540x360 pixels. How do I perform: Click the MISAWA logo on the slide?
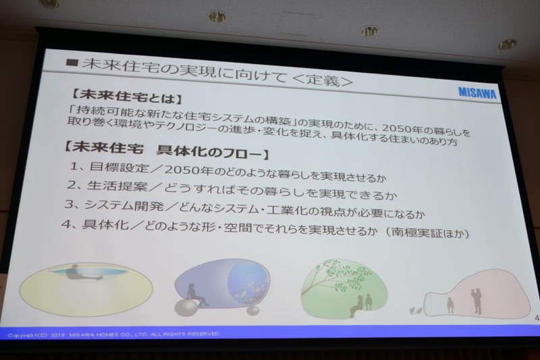478,93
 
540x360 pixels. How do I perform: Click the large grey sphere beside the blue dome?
186,308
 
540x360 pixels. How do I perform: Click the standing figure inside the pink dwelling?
477,299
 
